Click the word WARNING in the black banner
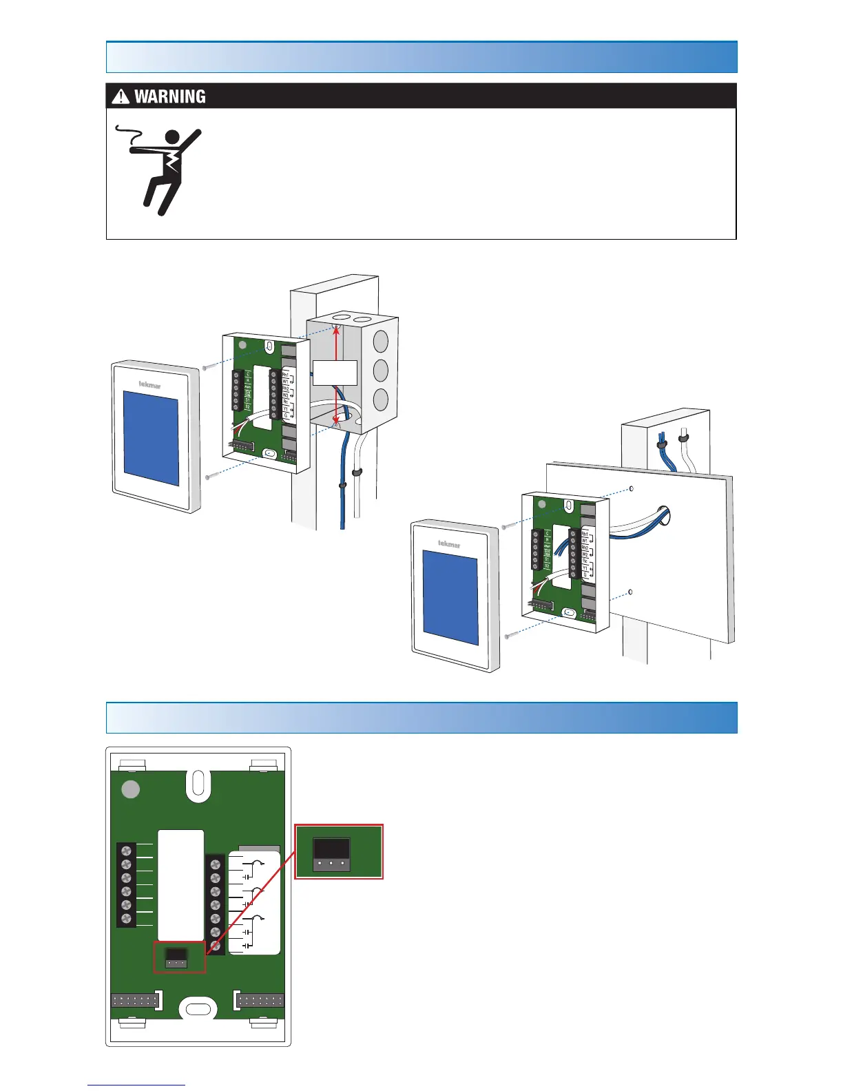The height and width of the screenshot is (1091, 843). [169, 96]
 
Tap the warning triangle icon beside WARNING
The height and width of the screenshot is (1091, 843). [121, 96]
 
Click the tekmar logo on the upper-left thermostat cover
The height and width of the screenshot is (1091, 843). [149, 384]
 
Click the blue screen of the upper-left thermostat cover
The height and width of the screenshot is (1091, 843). [151, 438]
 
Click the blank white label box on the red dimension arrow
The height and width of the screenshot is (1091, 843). [335, 372]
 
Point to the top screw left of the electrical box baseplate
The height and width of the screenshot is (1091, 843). [205, 368]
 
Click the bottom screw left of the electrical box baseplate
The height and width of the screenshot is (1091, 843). [208, 476]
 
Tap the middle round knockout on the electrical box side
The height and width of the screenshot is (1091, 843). [380, 370]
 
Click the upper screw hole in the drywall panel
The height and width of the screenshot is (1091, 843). [632, 489]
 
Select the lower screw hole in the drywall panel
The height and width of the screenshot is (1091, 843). [630, 592]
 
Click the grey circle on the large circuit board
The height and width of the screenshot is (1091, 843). [131, 789]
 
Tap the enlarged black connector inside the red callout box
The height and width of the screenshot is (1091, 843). [332, 853]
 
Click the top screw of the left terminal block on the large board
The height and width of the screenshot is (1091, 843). [126, 851]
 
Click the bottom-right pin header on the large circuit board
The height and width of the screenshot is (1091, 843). [260, 1000]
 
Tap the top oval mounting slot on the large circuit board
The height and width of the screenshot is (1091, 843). [198, 785]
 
